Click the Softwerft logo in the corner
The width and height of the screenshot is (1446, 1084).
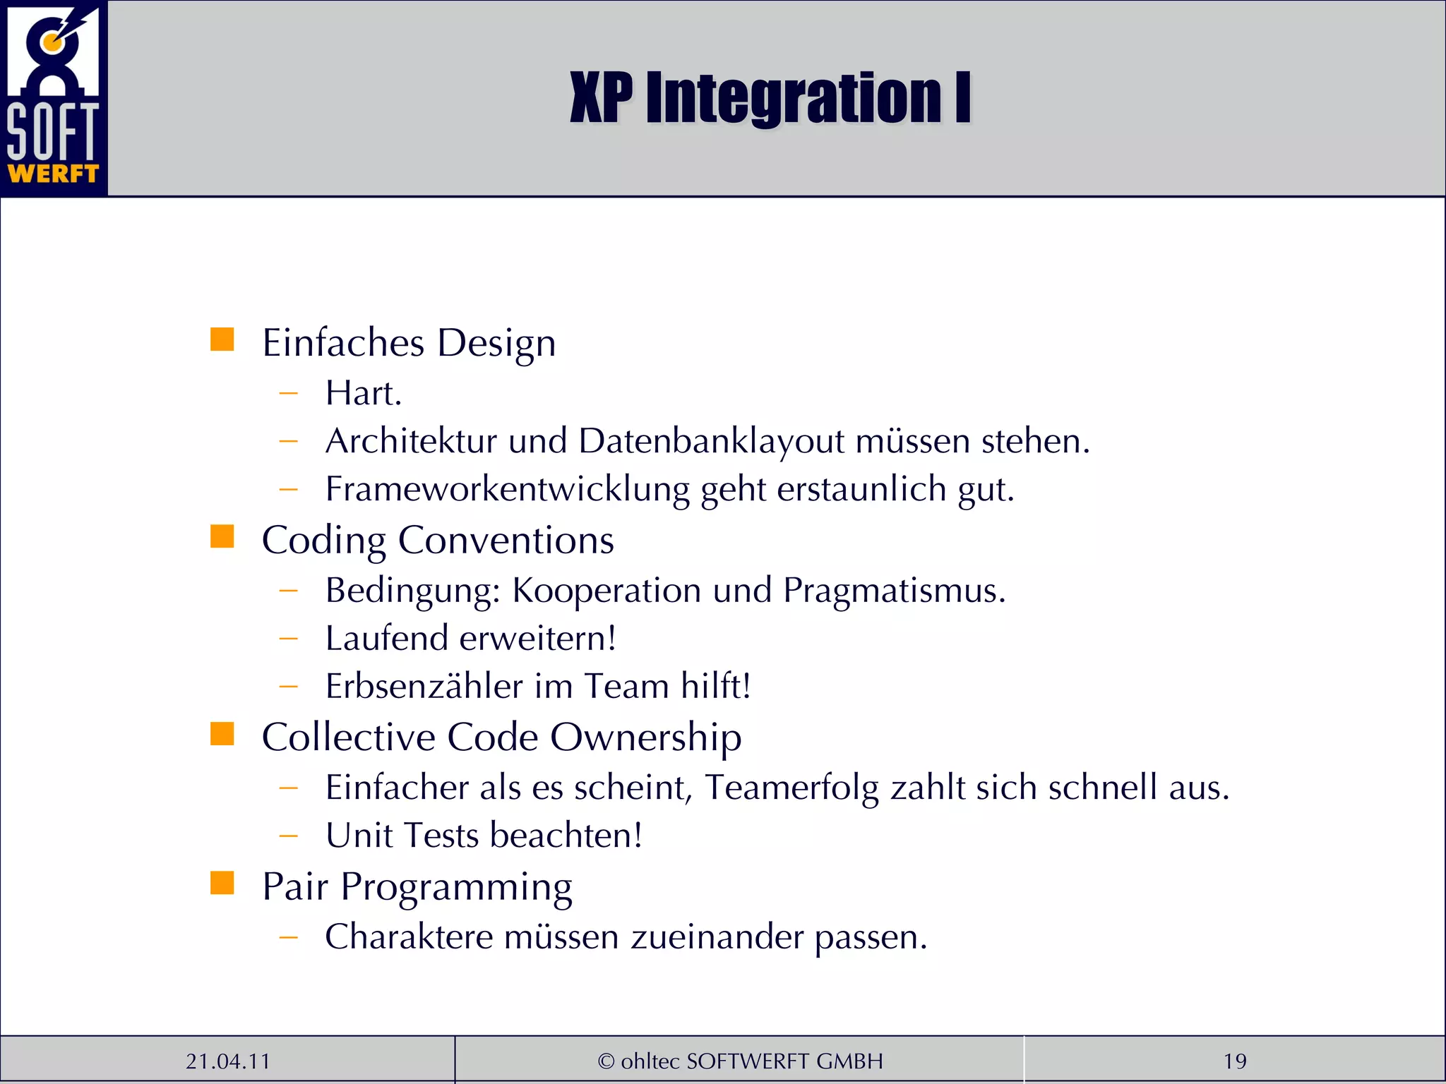click(53, 97)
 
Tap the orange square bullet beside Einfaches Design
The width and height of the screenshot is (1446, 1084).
click(222, 339)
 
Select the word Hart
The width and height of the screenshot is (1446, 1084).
click(363, 393)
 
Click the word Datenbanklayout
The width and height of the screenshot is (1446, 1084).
click(711, 441)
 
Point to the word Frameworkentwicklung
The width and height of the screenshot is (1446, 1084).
click(507, 489)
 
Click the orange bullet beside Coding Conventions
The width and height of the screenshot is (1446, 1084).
click(222, 536)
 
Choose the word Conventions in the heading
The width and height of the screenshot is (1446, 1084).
click(506, 541)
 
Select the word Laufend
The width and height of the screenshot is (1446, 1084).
click(387, 638)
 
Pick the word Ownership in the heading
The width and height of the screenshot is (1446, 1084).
click(645, 737)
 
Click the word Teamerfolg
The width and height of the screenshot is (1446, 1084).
click(791, 788)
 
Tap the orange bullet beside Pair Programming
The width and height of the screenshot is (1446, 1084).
click(222, 883)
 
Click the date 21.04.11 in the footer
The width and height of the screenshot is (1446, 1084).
click(227, 1061)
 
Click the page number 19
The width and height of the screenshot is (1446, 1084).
click(1234, 1061)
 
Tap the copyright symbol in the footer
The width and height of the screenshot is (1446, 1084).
click(606, 1061)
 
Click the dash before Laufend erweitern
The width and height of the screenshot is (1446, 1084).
click(288, 639)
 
